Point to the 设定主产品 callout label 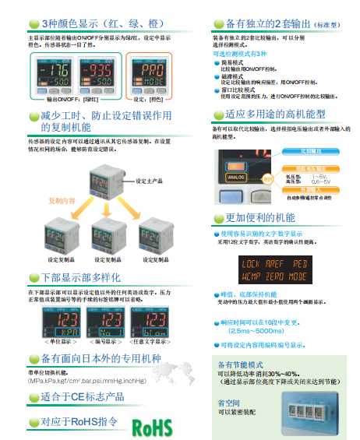[x=149, y=181]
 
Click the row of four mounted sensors [x=307, y=410]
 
